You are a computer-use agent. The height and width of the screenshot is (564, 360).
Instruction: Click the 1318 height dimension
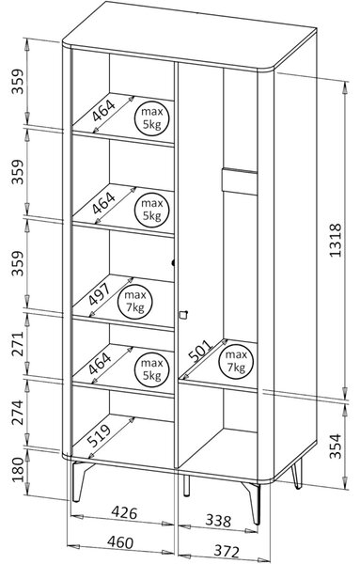[336, 240]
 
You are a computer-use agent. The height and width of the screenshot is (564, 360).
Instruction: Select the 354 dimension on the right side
[336, 446]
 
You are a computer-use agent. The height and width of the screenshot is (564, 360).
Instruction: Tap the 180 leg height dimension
[18, 470]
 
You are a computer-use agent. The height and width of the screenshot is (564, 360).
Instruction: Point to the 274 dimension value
[18, 413]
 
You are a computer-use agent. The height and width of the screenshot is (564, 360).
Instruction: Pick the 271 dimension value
[18, 343]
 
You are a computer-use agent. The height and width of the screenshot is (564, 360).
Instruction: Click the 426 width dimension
[124, 512]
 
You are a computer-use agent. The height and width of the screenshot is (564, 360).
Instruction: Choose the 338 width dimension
[218, 520]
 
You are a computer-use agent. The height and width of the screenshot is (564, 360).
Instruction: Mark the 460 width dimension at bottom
[120, 542]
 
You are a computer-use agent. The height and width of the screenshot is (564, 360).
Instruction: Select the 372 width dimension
[227, 551]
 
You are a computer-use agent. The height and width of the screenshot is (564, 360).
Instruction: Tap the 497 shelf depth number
[99, 294]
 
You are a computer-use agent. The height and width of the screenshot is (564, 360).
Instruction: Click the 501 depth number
[200, 352]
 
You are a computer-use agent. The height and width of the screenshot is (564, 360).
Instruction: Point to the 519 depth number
[99, 435]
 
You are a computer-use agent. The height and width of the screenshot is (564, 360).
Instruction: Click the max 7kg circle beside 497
[135, 302]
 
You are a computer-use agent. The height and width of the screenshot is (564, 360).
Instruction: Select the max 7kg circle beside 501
[236, 361]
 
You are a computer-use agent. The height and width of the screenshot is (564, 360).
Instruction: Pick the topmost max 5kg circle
[151, 117]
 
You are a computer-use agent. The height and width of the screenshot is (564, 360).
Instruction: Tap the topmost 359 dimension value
[18, 81]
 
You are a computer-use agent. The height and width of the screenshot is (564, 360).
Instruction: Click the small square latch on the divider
[183, 314]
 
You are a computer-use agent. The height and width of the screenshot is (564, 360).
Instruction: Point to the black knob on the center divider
[173, 263]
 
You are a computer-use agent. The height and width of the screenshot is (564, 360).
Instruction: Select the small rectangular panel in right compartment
[240, 180]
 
